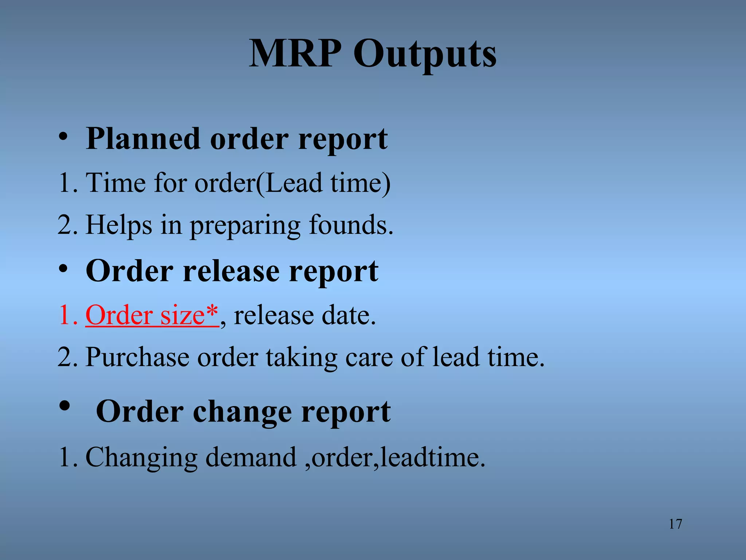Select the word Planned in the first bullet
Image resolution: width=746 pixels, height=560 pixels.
[x=143, y=139]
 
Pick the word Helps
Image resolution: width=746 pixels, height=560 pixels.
[x=119, y=225]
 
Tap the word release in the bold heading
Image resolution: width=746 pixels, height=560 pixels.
[x=231, y=271]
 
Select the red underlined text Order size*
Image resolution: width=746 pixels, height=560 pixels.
[x=152, y=315]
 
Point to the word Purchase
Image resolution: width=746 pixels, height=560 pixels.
[x=137, y=357]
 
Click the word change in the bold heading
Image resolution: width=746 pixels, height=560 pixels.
[x=242, y=412]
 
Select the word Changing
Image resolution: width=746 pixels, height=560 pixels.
[x=141, y=457]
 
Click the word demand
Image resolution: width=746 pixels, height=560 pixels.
[x=251, y=457]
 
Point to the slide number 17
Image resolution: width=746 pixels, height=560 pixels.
[x=675, y=524]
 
